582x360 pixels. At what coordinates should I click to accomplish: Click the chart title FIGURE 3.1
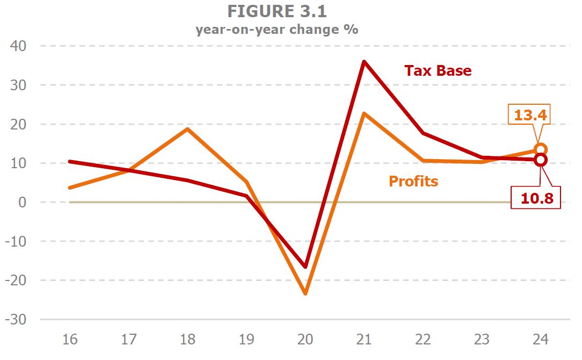point(277,11)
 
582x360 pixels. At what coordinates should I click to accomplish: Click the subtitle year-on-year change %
point(277,29)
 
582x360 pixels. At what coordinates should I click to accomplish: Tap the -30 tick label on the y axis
point(17,320)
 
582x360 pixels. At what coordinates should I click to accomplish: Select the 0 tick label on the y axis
point(24,203)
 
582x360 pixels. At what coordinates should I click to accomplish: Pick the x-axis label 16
point(70,340)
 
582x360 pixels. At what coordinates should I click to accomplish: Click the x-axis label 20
point(305,340)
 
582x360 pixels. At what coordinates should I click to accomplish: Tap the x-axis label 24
point(541,340)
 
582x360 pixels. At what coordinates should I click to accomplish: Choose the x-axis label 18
point(188,340)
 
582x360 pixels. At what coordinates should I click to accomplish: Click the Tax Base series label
point(438,71)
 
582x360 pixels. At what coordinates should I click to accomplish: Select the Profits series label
point(413,182)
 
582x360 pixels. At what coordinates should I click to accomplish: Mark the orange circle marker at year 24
point(541,149)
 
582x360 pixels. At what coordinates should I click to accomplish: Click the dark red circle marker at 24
point(541,160)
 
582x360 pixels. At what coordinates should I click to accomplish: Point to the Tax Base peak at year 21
point(364,62)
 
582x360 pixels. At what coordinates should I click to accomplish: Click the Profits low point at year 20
point(305,293)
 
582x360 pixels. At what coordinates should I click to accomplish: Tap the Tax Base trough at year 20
point(305,267)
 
